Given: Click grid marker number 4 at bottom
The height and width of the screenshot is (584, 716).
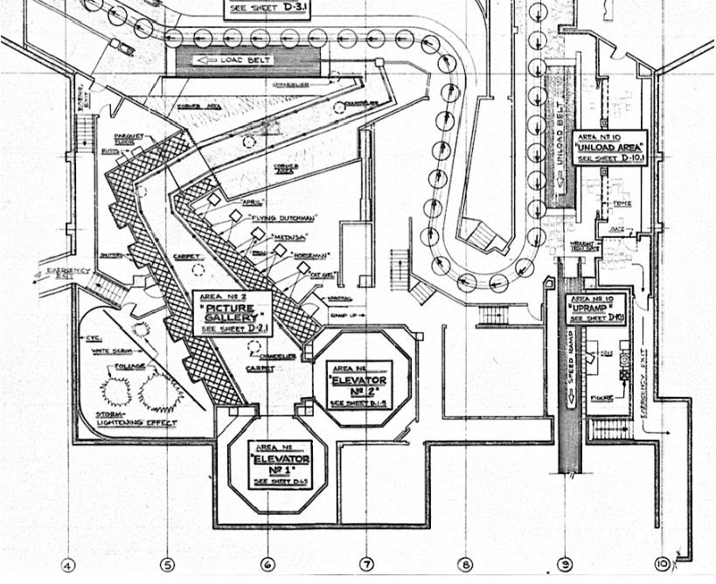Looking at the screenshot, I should [x=69, y=565].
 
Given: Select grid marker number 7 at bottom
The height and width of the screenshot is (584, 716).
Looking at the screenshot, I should [x=367, y=565].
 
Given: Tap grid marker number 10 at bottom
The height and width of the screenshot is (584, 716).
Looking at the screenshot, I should [x=664, y=565].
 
